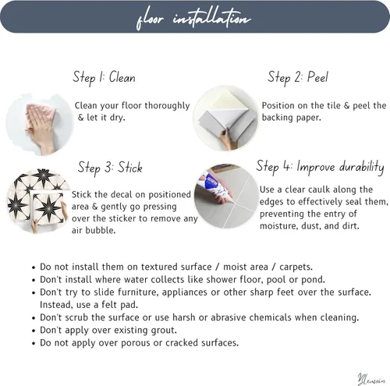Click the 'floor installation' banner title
tap(193, 18)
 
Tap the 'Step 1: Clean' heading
tap(104, 77)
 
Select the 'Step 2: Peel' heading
tap(298, 77)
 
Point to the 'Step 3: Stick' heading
tap(110, 168)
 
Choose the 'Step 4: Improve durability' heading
tap(320, 167)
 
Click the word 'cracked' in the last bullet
tap(182, 343)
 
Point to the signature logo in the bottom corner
tap(371, 379)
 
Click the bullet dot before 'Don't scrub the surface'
tap(34, 318)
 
